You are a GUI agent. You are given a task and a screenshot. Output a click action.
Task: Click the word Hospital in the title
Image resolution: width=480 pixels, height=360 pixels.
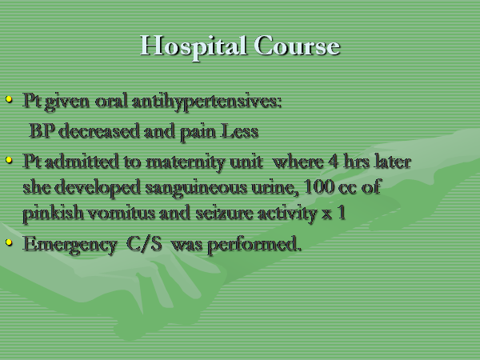[194, 46]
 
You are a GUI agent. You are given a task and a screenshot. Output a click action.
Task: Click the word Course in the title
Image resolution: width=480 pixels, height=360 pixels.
[297, 46]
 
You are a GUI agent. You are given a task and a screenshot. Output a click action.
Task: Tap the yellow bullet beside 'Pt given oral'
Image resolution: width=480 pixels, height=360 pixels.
[9, 99]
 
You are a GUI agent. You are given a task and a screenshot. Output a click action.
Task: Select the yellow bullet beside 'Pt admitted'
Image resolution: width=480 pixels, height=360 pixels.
[9, 160]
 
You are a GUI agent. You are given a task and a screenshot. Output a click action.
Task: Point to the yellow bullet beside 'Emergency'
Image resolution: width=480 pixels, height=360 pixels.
[9, 242]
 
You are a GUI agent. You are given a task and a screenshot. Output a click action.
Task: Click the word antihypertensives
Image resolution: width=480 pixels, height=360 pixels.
[206, 102]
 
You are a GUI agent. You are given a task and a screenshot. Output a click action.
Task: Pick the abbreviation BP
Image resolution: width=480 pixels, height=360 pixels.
[42, 131]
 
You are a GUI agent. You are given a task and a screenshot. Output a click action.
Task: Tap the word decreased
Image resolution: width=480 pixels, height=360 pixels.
[99, 131]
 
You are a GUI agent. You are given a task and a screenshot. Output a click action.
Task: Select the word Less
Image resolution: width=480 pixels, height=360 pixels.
[240, 131]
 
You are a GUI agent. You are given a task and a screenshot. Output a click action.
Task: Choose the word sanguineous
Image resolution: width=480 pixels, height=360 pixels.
[196, 188]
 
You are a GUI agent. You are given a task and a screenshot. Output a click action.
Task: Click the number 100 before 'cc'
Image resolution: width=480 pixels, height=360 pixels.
[318, 186]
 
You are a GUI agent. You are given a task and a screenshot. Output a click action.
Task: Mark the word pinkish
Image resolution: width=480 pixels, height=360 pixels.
[53, 214]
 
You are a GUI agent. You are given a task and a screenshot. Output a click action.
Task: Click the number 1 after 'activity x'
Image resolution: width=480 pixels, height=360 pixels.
[342, 213]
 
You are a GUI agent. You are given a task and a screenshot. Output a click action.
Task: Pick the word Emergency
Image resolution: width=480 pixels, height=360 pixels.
[70, 246]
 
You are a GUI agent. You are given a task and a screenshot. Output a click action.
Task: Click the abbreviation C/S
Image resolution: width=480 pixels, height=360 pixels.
[144, 244]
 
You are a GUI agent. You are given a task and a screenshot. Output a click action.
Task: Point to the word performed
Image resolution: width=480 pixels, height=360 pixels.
[254, 246]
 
